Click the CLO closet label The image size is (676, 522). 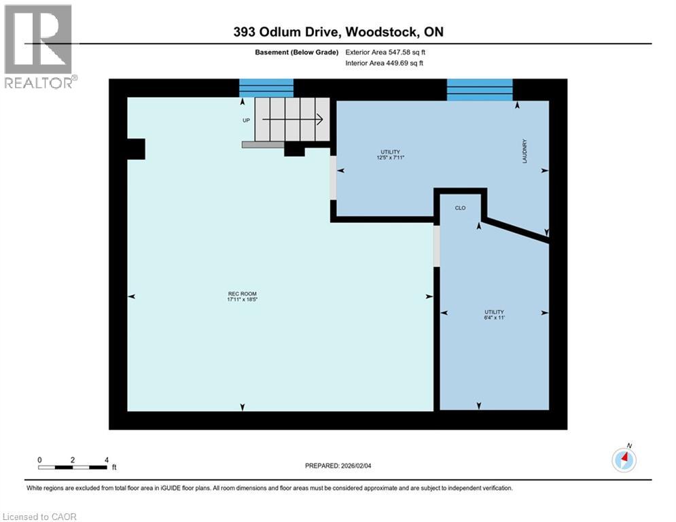[460, 208]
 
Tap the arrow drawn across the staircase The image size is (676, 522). [292, 120]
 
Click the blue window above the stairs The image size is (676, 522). [266, 88]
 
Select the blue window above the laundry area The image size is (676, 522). [479, 90]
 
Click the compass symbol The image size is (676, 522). [623, 459]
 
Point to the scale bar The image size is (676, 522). [73, 467]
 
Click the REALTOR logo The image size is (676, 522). [39, 46]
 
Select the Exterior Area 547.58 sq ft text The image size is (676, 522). [386, 52]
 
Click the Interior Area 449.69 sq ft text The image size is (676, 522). [385, 63]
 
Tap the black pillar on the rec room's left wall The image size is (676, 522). [135, 149]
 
